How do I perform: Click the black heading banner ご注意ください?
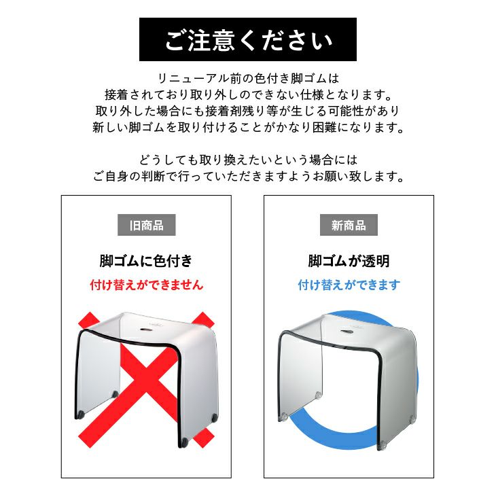point(248,39)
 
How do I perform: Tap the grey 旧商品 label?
point(147,225)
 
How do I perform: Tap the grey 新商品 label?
point(349,225)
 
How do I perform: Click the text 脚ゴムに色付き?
point(146,261)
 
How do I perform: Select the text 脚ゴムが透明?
point(349,261)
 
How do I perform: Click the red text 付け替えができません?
point(147,285)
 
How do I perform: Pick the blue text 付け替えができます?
point(349,285)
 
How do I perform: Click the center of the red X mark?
point(147,379)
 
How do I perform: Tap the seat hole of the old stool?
point(146,330)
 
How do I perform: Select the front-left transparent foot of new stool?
point(284,417)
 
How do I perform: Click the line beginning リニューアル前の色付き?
point(248,78)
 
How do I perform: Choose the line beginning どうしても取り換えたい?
point(248,160)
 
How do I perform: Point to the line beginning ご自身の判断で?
point(248,176)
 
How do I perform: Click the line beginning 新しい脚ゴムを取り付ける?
point(248,127)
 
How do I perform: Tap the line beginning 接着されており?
point(248,94)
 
